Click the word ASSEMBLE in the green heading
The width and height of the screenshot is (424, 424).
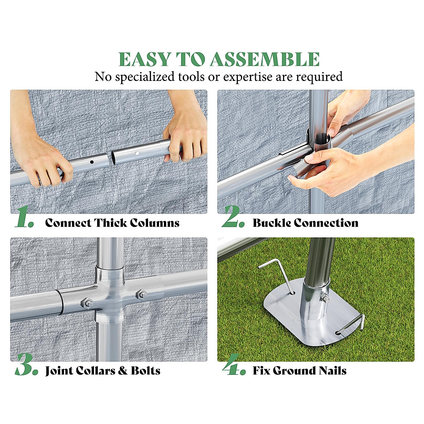pos(265,59)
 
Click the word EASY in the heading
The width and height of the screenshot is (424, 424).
pos(145,59)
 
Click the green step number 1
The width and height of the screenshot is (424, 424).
pos(24,216)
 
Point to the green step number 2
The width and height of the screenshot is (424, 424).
pos(233,216)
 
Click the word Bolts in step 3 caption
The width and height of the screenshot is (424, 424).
pos(146,371)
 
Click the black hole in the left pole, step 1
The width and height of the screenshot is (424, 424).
pos(92,162)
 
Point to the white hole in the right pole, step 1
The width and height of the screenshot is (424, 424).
pos(137,153)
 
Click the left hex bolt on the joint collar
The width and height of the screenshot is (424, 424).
pos(87,303)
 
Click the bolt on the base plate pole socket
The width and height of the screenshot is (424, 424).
pos(325,299)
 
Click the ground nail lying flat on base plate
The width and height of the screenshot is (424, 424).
pos(351,328)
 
